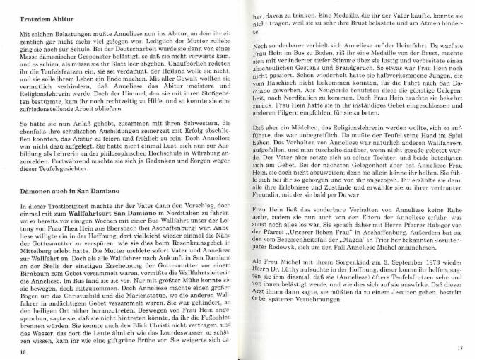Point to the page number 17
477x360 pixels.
point(459,347)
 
